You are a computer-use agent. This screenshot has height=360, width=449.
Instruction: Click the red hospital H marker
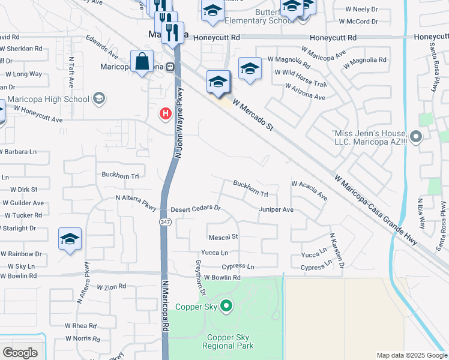[x=165, y=113]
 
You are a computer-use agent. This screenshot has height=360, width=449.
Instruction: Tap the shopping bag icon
[x=142, y=61]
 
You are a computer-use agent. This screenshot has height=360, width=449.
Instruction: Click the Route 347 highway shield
[x=164, y=221]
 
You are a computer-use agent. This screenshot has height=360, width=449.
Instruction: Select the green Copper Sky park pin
[x=226, y=306]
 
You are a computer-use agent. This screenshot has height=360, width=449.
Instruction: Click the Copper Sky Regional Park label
[x=228, y=341]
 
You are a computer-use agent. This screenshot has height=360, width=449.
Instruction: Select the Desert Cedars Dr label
[x=196, y=209]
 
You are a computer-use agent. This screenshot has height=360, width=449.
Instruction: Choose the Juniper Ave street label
[x=276, y=209]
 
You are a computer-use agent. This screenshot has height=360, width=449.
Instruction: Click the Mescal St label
[x=223, y=237]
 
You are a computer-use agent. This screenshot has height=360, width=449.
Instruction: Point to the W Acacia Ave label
[x=309, y=190]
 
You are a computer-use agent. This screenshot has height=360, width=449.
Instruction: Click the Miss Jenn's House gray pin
[x=417, y=137]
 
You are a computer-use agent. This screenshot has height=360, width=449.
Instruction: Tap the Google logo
[x=20, y=353]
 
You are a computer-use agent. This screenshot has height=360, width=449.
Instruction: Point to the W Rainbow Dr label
[x=21, y=254]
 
